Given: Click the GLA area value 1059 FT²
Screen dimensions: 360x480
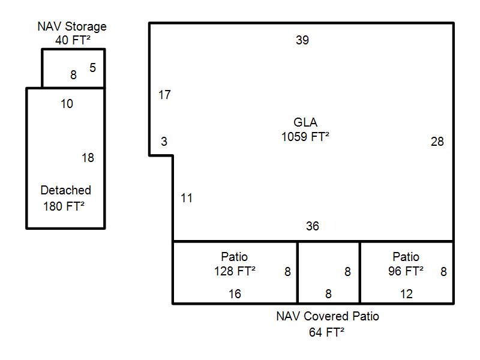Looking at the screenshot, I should click(x=305, y=136).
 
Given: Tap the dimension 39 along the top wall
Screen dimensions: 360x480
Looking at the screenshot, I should click(x=302, y=40).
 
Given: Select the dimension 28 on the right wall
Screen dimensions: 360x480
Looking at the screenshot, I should click(x=437, y=142).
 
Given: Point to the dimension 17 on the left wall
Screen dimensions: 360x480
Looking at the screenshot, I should click(x=164, y=95).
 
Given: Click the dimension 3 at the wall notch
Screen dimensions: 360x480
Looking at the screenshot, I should click(x=164, y=142).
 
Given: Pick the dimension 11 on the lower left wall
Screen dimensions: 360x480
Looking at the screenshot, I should click(x=187, y=197).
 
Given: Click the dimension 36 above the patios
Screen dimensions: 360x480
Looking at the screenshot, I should click(x=313, y=226).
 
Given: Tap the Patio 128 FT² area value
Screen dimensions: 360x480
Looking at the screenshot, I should click(x=235, y=271).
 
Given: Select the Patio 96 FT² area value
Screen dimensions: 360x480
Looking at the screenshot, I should click(x=406, y=271).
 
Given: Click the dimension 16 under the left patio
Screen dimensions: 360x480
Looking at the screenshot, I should click(x=235, y=294).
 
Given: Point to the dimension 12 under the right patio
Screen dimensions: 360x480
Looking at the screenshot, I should click(x=406, y=294).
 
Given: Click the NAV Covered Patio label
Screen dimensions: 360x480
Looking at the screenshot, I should click(x=328, y=316).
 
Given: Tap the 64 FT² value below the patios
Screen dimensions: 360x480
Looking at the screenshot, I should click(x=326, y=332).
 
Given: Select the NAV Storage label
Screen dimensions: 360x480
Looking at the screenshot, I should click(x=72, y=26).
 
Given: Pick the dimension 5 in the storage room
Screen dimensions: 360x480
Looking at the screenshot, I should click(x=92, y=67).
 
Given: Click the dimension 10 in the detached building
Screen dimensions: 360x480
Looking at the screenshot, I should click(x=67, y=104).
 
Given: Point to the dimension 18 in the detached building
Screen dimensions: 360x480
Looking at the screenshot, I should click(x=88, y=158).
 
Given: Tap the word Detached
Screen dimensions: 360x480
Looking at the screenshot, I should click(x=66, y=190).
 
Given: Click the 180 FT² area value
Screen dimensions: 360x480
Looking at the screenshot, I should click(x=64, y=206).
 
